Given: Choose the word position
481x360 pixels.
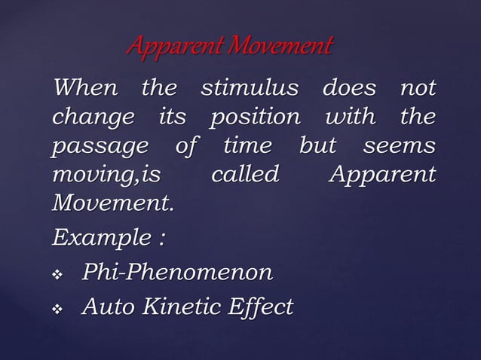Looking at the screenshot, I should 254,119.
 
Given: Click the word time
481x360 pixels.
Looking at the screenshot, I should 248,147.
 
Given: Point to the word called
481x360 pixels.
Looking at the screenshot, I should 244,175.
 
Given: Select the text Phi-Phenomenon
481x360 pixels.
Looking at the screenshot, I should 178,272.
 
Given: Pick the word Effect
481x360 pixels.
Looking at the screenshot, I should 261,307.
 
